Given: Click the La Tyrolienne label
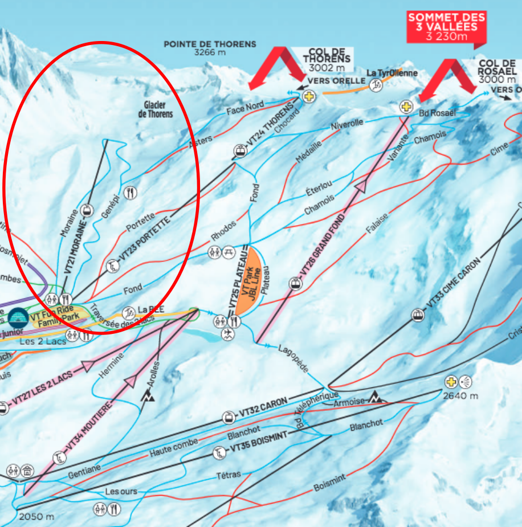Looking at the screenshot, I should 392,73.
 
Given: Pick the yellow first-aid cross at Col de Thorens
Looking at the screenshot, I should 309,96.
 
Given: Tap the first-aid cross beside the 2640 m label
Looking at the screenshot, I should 451,381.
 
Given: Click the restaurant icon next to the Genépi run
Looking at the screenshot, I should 131,193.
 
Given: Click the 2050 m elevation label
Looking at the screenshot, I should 36,517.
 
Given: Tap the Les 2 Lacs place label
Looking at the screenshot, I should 43,342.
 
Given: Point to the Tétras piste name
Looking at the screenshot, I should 229,475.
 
